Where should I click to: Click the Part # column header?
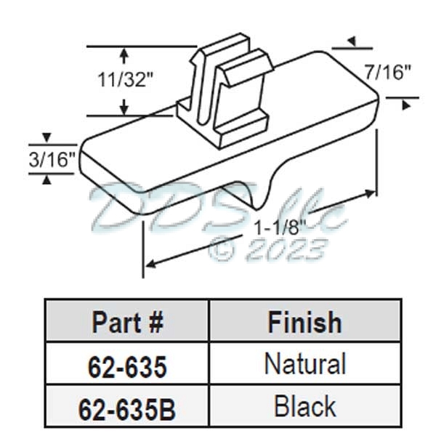tap(127, 322)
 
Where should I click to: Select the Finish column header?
tap(304, 321)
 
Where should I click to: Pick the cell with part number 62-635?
tap(127, 366)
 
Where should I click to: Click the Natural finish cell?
tap(304, 364)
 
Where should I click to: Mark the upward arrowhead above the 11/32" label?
tap(125, 52)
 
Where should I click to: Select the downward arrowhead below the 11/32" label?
tap(125, 109)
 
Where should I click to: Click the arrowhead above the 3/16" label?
tap(47, 137)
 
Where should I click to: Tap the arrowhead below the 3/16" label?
tap(47, 179)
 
